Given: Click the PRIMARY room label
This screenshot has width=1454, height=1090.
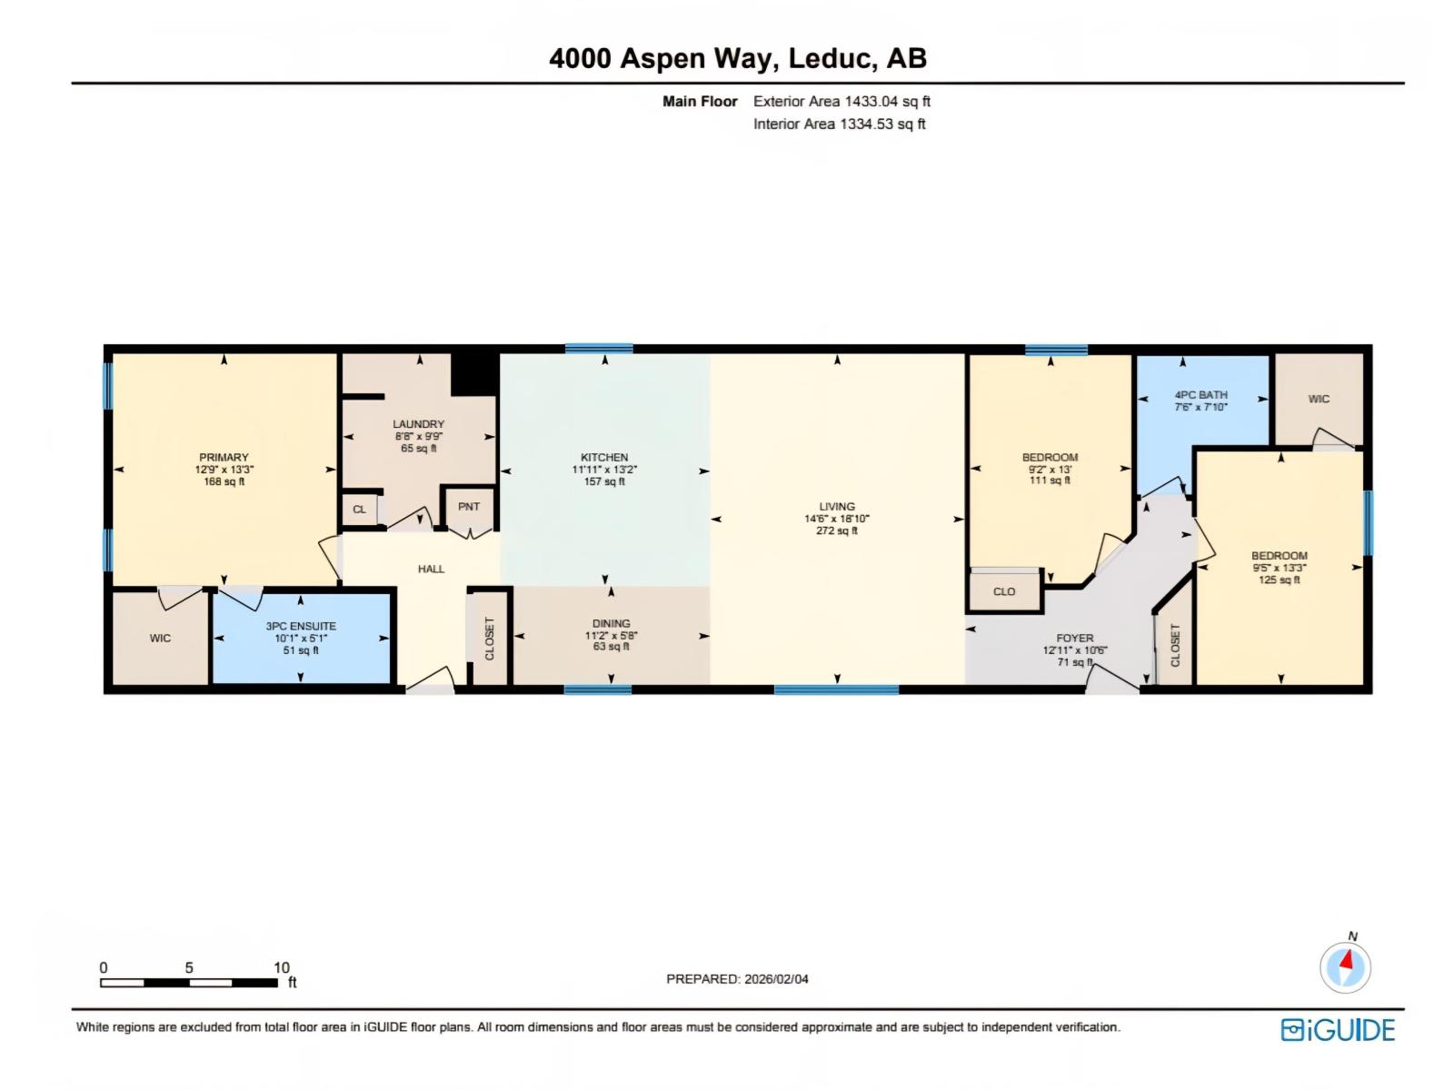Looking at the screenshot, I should click(224, 458).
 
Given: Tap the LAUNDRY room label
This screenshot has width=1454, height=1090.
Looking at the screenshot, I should click(418, 424).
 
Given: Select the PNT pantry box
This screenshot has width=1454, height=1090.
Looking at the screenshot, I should click(468, 507).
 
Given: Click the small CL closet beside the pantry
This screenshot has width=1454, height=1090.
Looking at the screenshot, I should click(359, 510).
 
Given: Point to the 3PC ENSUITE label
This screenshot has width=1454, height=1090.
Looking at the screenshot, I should click(301, 626).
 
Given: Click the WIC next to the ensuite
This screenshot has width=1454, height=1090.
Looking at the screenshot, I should click(160, 639).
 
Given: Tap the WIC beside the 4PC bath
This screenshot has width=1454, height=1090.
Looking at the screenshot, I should click(1319, 399).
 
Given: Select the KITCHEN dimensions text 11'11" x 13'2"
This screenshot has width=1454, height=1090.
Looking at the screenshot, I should click(604, 470).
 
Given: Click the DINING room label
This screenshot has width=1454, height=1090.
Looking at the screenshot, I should click(611, 623).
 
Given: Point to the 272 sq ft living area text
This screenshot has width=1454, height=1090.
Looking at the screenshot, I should click(836, 530).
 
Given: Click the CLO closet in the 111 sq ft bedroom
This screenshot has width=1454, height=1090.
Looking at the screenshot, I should click(1004, 591).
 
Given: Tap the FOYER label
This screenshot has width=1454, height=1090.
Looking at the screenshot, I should click(1075, 639).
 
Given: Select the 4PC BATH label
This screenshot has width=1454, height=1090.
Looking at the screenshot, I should click(1200, 395).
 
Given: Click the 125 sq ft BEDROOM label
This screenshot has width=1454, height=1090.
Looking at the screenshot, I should click(1279, 556).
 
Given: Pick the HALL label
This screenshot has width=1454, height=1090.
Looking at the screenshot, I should click(431, 569).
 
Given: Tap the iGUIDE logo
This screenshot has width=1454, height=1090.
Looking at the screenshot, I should click(1338, 1030).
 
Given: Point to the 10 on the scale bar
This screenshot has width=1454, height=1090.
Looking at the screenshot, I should click(282, 967).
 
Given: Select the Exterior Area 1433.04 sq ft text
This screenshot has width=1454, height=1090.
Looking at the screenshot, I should click(842, 102).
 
